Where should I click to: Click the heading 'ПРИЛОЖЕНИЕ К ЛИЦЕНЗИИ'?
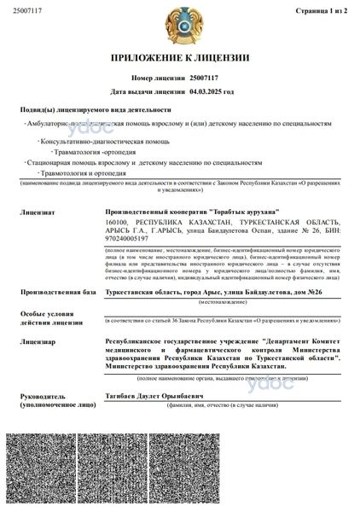click(x=180, y=58)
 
